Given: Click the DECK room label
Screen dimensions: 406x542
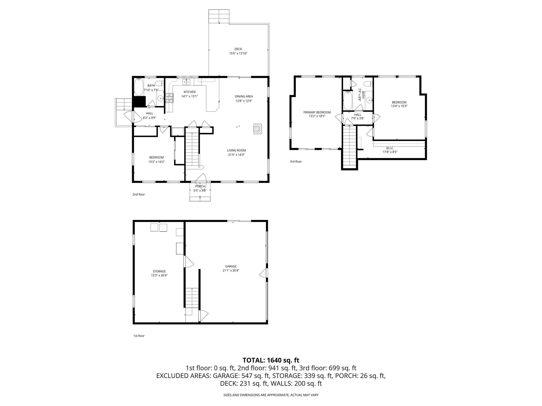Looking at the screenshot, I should [x=238, y=49].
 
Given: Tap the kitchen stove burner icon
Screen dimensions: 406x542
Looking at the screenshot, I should [x=169, y=98].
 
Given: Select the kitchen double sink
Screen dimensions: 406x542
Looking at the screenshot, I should [x=186, y=82].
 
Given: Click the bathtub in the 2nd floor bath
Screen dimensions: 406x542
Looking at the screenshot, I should [x=138, y=87].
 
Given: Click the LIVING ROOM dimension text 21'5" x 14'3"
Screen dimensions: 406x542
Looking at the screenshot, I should [x=236, y=155].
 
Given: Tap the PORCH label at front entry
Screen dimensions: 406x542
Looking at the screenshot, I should [x=200, y=186].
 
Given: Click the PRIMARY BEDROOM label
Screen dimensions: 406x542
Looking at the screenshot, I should [x=317, y=112].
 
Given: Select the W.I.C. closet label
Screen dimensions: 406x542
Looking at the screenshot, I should [x=390, y=148].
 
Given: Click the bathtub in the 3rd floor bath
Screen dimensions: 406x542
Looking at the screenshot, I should [x=347, y=100].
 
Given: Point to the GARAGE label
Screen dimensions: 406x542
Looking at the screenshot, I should [x=231, y=266].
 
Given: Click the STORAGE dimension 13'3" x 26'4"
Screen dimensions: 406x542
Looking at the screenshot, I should [x=159, y=275].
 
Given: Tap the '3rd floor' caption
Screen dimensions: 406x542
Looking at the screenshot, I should [x=296, y=162].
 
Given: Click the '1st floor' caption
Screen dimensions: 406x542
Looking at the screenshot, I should [x=139, y=336].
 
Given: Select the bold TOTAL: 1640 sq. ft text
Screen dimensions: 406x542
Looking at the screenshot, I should [x=271, y=360].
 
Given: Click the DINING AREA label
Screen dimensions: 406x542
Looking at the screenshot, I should [x=244, y=96].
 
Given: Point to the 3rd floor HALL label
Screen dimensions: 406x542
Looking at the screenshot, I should [x=358, y=115].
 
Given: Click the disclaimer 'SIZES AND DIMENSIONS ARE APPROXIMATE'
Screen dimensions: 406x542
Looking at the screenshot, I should [x=271, y=395].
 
